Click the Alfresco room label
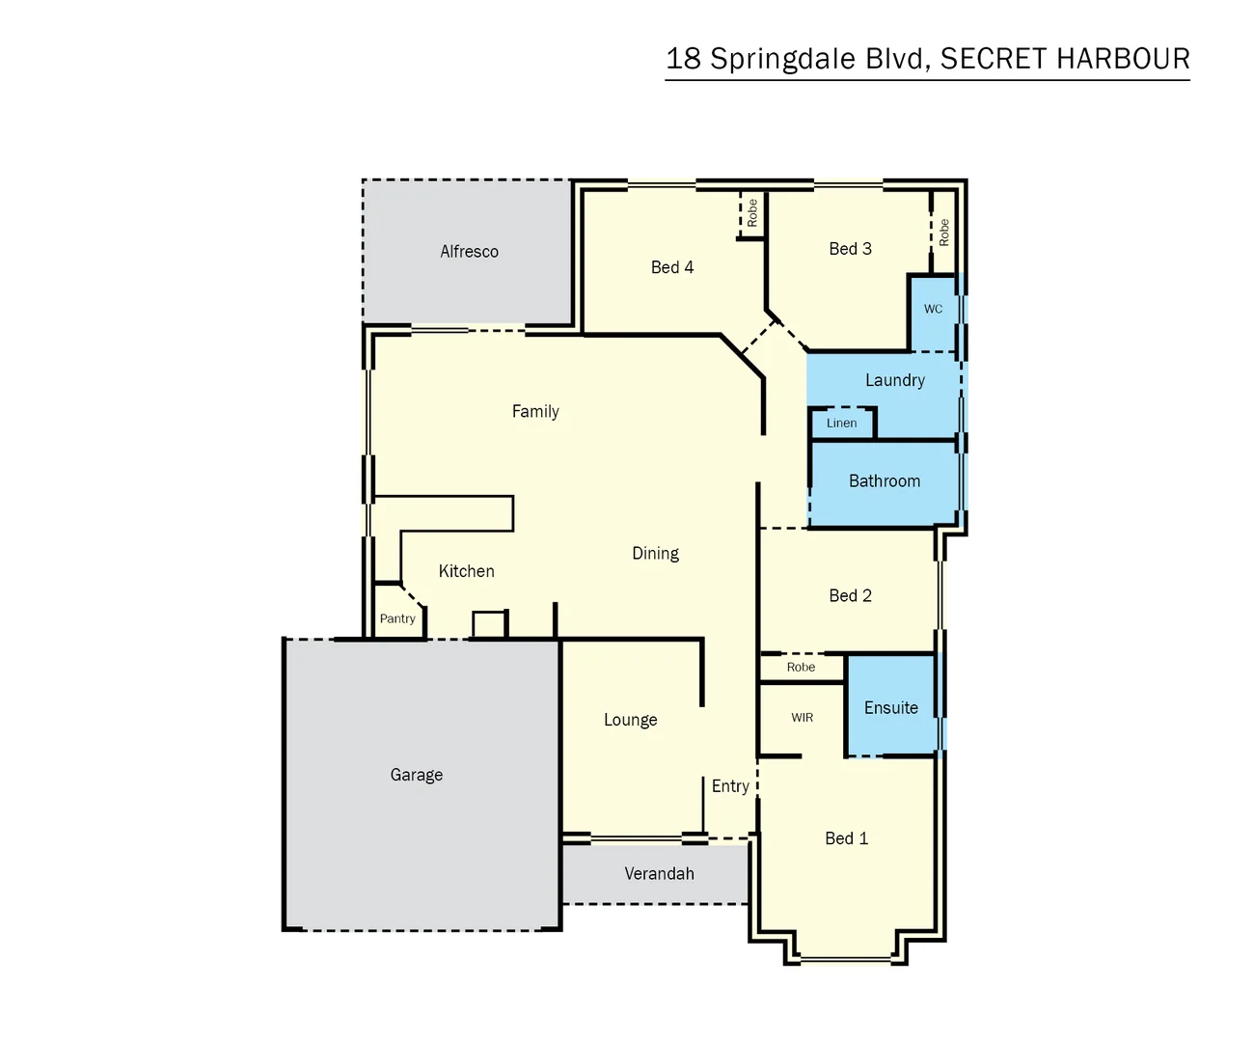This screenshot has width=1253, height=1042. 469,252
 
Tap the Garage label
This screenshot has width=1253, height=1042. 417,775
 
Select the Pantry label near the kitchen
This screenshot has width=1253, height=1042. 397,619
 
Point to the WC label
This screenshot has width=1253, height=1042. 933,310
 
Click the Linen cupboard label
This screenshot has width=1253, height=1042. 841,424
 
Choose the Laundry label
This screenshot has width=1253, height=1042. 894,380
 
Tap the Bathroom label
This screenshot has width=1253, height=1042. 884,481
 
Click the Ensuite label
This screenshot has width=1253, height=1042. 890,708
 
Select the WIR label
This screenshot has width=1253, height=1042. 802,718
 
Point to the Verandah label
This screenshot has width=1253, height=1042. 659,874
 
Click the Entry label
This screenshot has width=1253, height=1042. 730,786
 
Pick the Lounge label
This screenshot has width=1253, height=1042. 630,720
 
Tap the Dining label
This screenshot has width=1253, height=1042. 655,554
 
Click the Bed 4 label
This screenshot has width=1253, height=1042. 671,267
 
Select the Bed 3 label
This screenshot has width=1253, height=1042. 850,249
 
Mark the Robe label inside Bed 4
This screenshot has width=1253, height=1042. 752,213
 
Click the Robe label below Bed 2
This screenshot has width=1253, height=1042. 801,668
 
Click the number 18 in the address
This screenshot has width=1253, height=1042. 683,59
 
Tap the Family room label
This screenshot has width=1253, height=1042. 535,412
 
